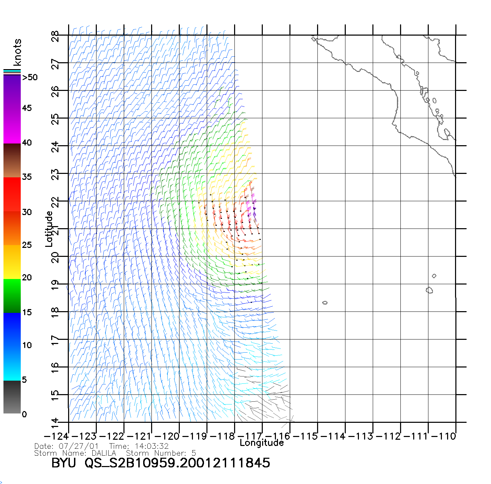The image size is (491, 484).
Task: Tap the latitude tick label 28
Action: pyautogui.click(x=55, y=36)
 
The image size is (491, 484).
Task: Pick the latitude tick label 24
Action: pyautogui.click(x=55, y=147)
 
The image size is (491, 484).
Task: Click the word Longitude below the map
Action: pyautogui.click(x=262, y=443)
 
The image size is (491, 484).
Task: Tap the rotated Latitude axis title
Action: pyautogui.click(x=49, y=229)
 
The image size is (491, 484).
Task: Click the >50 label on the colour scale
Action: pyautogui.click(x=30, y=77)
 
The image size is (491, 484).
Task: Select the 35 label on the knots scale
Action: pyautogui.click(x=27, y=177)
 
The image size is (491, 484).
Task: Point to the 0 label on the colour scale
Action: pyautogui.click(x=24, y=414)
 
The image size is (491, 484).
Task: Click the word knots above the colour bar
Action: pyautogui.click(x=17, y=52)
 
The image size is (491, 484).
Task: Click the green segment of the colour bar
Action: pyautogui.click(x=12, y=296)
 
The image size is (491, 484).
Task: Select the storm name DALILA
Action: pyautogui.click(x=104, y=453)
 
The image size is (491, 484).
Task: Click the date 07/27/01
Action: pyautogui.click(x=78, y=446)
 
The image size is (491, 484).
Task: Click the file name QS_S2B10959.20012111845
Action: pyautogui.click(x=177, y=463)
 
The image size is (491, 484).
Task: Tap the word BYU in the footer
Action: pyautogui.click(x=63, y=463)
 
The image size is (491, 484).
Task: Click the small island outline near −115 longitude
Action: pyautogui.click(x=325, y=303)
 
